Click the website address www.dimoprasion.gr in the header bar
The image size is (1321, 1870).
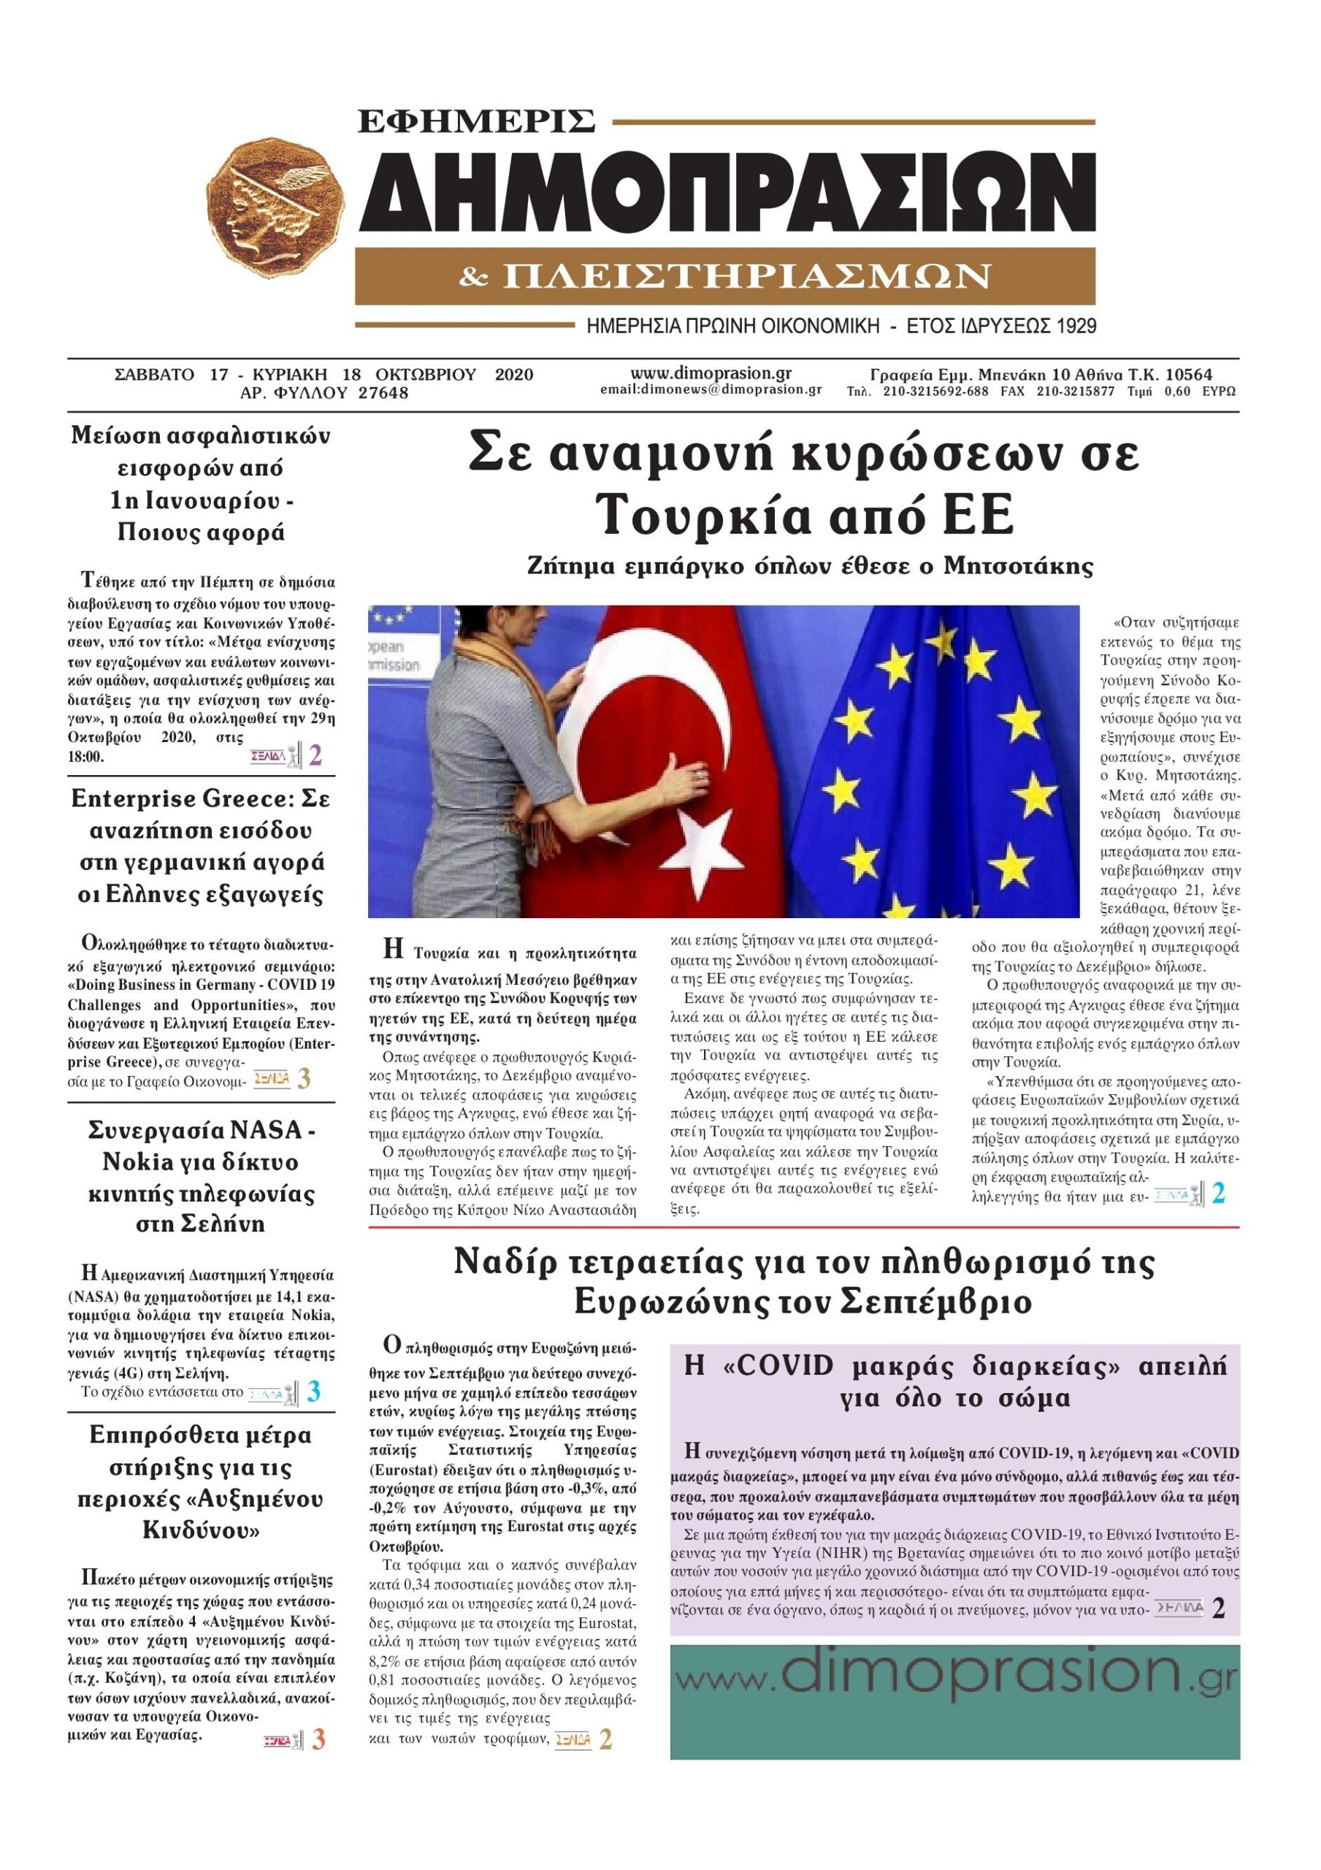pos(711,373)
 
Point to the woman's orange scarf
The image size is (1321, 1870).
pos(489,676)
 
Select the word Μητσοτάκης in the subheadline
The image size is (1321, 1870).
pos(1018,565)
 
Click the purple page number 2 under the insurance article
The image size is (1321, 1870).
pos(315,756)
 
